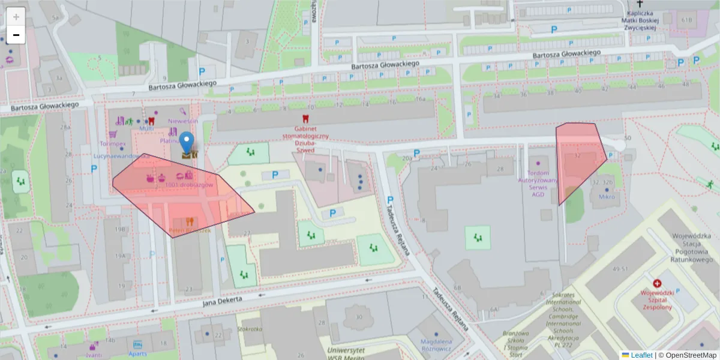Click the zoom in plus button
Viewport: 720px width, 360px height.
(16, 16)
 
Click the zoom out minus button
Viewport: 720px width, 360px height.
(16, 35)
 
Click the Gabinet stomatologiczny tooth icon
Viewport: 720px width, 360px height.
(306, 119)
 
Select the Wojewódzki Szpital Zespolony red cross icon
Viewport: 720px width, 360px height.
(658, 283)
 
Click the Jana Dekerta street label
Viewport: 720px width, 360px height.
(222, 301)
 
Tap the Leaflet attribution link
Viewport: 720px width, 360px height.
(641, 355)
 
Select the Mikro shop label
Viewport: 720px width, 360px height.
(607, 197)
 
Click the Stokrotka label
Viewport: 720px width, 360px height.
(250, 329)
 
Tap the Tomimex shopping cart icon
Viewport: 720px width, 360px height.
(112, 135)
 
